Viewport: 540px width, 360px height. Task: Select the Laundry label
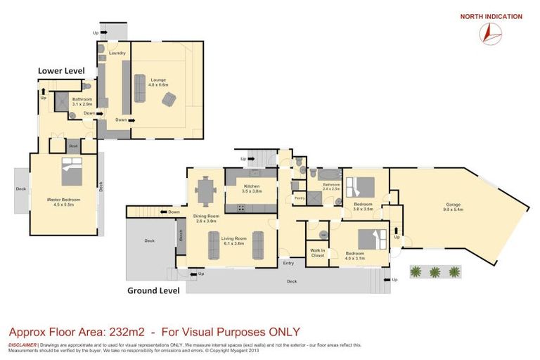tap(117, 53)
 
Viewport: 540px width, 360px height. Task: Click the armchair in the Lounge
tap(169, 100)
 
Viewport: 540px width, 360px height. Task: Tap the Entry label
tap(288, 262)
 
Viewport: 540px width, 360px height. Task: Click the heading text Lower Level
tap(61, 71)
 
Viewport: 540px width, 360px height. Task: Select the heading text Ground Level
tap(153, 290)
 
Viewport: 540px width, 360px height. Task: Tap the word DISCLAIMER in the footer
tap(23, 345)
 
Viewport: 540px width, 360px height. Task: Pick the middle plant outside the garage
tap(435, 271)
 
